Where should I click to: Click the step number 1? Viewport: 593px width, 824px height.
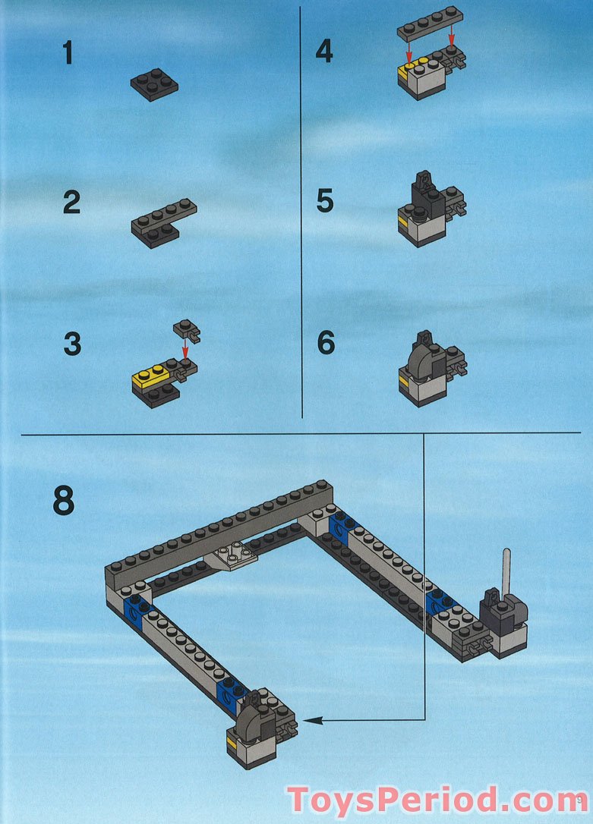pyautogui.click(x=68, y=53)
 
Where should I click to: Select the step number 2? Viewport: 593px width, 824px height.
pyautogui.click(x=71, y=203)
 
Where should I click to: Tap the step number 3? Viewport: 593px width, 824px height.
pyautogui.click(x=72, y=344)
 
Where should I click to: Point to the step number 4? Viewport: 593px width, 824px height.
pyautogui.click(x=324, y=52)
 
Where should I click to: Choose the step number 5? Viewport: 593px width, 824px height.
pyautogui.click(x=325, y=201)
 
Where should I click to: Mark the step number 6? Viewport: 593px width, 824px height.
pyautogui.click(x=326, y=342)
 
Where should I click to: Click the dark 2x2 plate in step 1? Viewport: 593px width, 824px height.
pyautogui.click(x=154, y=84)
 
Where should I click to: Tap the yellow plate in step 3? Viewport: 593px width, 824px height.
pyautogui.click(x=150, y=376)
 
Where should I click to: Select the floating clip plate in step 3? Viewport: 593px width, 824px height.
pyautogui.click(x=187, y=330)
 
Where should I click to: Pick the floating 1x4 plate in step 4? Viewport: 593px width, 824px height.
pyautogui.click(x=430, y=24)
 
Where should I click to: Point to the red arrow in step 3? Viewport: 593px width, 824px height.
pyautogui.click(x=185, y=348)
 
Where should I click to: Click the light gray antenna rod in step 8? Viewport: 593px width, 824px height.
pyautogui.click(x=506, y=571)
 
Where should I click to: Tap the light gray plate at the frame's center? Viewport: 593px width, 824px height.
pyautogui.click(x=232, y=555)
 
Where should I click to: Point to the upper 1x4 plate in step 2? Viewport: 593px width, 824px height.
pyautogui.click(x=164, y=215)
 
